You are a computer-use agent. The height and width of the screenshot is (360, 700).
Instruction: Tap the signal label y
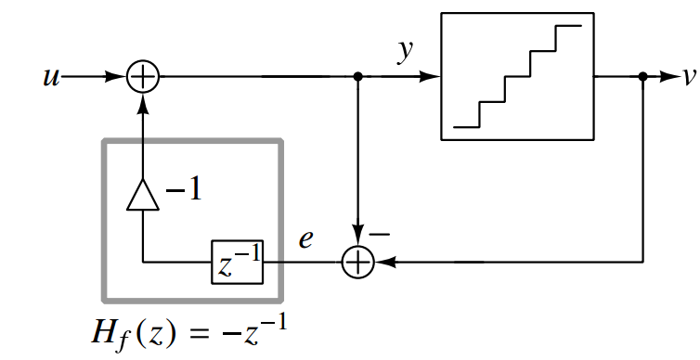406,52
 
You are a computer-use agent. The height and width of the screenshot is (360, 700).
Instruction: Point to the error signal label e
305,238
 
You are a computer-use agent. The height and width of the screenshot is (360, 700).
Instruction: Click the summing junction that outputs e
357,263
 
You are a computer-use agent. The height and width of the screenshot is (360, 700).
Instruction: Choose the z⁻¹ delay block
238,263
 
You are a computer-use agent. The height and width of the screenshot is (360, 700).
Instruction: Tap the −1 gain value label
183,193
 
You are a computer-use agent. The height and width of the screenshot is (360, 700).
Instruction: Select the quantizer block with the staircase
517,77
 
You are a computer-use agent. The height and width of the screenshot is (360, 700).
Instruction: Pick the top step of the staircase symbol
568,26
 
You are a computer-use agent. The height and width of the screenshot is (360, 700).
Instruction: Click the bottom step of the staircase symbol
465,126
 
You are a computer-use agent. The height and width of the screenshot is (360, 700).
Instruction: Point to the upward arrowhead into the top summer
142,102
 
